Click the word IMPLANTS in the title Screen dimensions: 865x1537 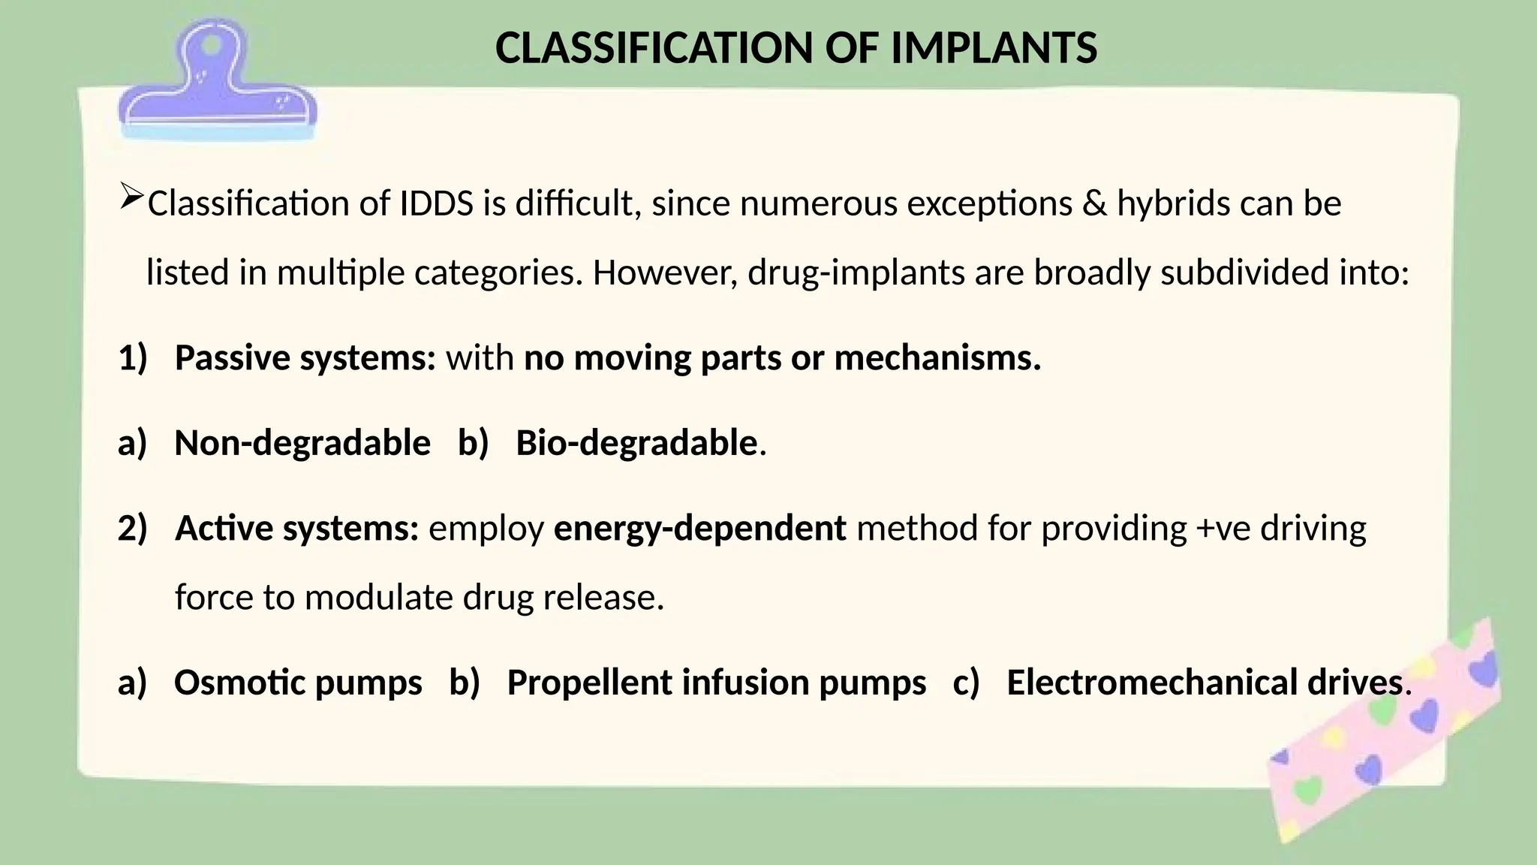click(x=994, y=49)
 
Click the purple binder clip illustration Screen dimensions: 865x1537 click(x=217, y=83)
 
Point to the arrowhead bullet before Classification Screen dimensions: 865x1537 click(x=131, y=197)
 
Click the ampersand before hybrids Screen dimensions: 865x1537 click(x=1094, y=204)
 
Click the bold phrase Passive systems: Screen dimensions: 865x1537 click(x=305, y=358)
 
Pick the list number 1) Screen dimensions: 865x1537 click(x=133, y=358)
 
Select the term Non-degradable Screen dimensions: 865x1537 click(x=302, y=443)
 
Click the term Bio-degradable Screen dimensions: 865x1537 click(x=636, y=443)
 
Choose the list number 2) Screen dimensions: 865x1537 click(x=133, y=529)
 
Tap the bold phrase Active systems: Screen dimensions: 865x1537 click(x=296, y=529)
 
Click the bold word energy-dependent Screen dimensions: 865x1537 click(x=699, y=529)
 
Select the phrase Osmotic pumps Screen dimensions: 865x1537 click(x=298, y=683)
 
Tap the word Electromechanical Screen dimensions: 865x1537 click(x=1152, y=683)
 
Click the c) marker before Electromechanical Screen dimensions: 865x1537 click(x=966, y=683)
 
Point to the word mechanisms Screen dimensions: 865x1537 click(x=937, y=358)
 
